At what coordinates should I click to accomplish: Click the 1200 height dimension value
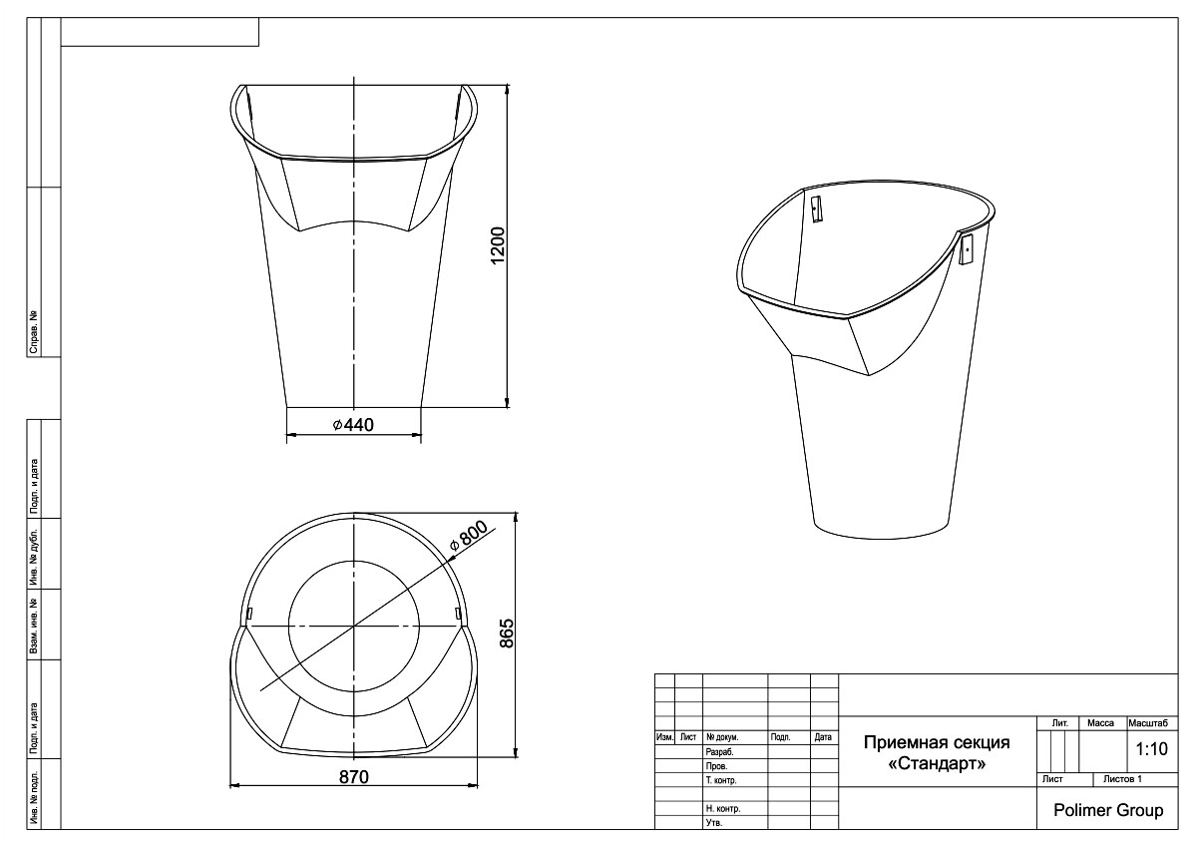coord(497,245)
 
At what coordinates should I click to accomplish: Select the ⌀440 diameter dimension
coord(353,425)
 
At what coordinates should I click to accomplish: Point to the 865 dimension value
coord(506,634)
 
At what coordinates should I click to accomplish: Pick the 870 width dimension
coord(354,776)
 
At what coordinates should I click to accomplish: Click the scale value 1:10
coord(1151,748)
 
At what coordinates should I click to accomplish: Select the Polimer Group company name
coord(1108,810)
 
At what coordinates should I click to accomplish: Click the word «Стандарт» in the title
coord(937,763)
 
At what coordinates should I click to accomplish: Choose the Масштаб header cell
coord(1148,723)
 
